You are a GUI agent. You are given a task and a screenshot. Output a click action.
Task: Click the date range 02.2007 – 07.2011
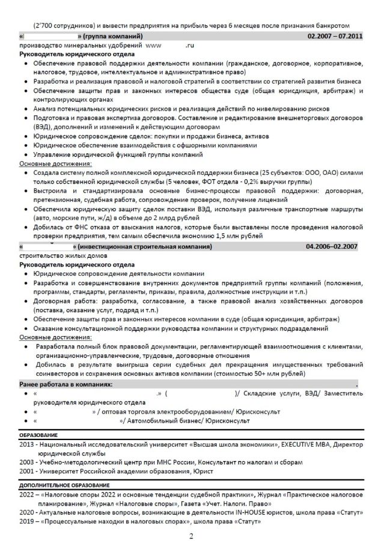[x=335, y=37]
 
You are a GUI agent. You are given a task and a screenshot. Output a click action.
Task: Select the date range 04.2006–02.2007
[x=332, y=246]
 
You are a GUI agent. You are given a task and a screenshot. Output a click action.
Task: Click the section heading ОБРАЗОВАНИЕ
[x=39, y=434]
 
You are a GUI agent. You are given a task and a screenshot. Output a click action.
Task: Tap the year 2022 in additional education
[x=27, y=494]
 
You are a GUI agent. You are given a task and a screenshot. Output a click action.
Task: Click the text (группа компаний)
[x=115, y=37]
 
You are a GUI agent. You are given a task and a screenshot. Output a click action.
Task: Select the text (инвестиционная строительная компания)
[x=144, y=246]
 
